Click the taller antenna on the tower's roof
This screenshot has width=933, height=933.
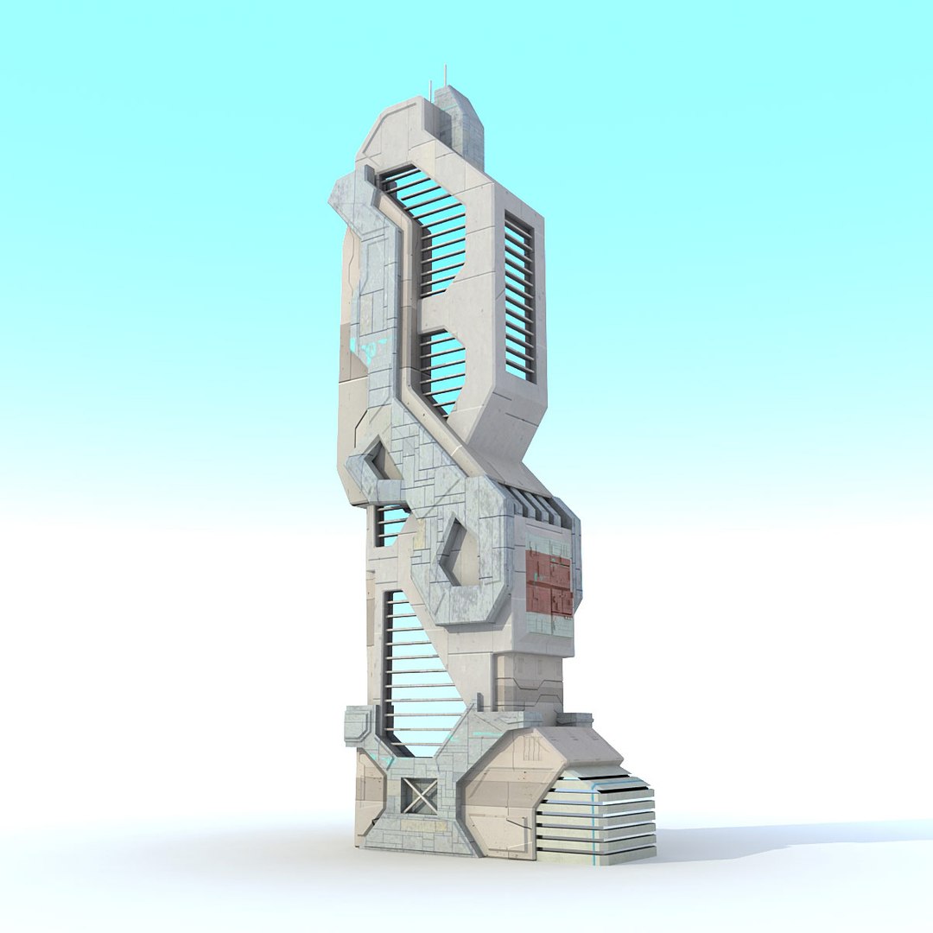coord(446,76)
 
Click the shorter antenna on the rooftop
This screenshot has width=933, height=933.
coord(429,89)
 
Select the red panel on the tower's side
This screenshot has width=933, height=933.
coord(549,584)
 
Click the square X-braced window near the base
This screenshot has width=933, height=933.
coord(420,796)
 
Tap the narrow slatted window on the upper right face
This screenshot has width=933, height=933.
coord(519,298)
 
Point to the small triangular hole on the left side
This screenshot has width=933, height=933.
coord(378,460)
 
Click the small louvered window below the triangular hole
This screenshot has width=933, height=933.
coord(390,525)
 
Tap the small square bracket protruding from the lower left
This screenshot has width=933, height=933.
coord(358,726)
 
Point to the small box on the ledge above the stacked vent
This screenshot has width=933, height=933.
coord(574,718)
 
